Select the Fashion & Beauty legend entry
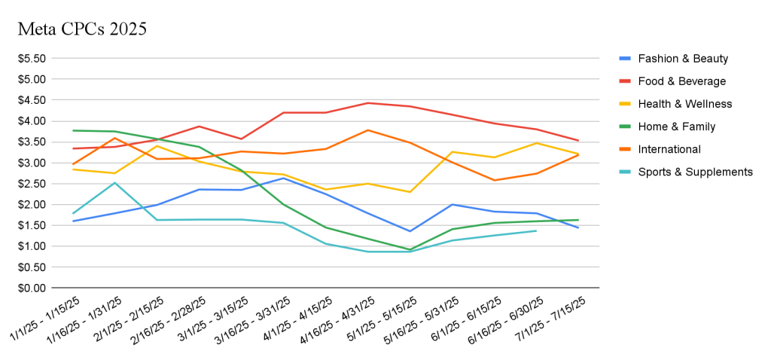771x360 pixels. [682, 59]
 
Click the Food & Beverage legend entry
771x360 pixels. [681, 81]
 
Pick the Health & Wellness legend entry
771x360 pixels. [684, 104]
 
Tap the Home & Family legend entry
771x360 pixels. [676, 127]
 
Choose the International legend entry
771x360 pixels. [669, 149]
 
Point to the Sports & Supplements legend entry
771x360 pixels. [695, 172]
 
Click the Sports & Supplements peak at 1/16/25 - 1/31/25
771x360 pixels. [114, 182]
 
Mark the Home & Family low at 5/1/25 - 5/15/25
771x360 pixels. [410, 249]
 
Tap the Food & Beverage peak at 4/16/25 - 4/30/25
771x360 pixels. [367, 102]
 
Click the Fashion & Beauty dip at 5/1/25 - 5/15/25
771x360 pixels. [410, 231]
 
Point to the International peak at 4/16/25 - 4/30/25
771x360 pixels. [367, 130]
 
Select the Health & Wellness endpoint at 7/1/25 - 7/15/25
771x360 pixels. [578, 154]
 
